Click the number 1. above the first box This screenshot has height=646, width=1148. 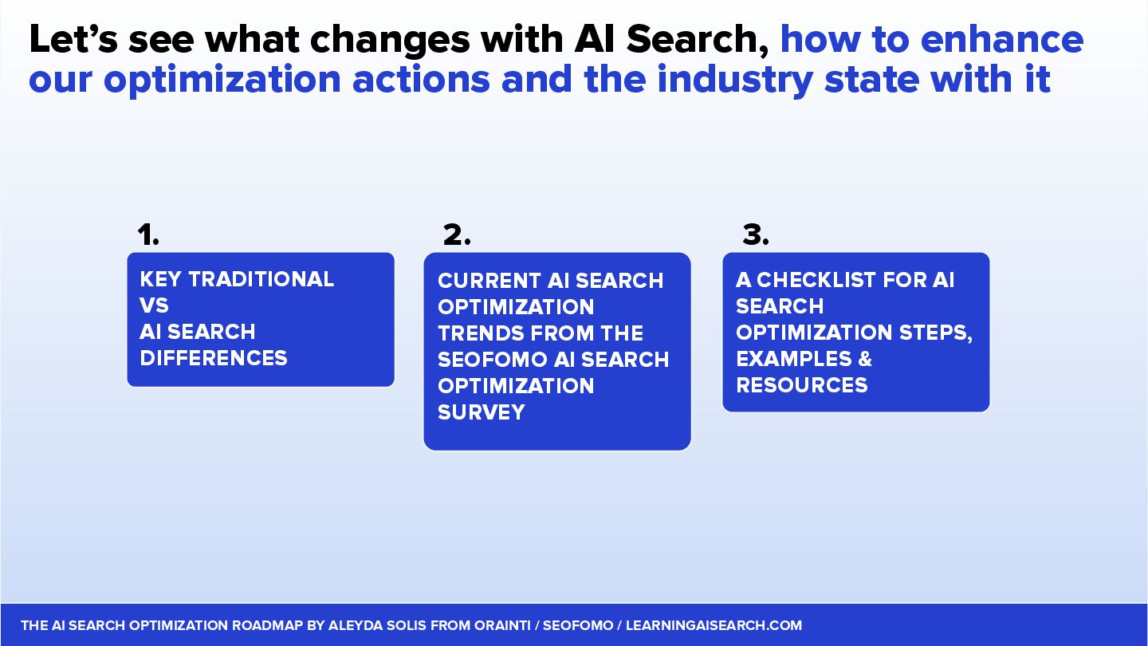point(148,234)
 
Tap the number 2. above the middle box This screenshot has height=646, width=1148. point(457,234)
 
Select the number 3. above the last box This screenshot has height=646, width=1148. point(756,234)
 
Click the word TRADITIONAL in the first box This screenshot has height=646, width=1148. point(261,279)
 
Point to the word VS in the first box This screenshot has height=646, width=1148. point(154,305)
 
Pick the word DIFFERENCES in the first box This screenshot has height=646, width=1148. point(213,358)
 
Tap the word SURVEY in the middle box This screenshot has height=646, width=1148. point(482,412)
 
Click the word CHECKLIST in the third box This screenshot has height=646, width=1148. point(816,280)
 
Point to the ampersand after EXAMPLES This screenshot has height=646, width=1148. point(865,359)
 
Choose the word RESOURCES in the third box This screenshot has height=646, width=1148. point(801,385)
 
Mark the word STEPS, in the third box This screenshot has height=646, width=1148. point(936,333)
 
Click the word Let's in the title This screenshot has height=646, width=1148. point(74,40)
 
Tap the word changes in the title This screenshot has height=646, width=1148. point(390,41)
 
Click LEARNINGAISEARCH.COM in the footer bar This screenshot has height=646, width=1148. point(714,625)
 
